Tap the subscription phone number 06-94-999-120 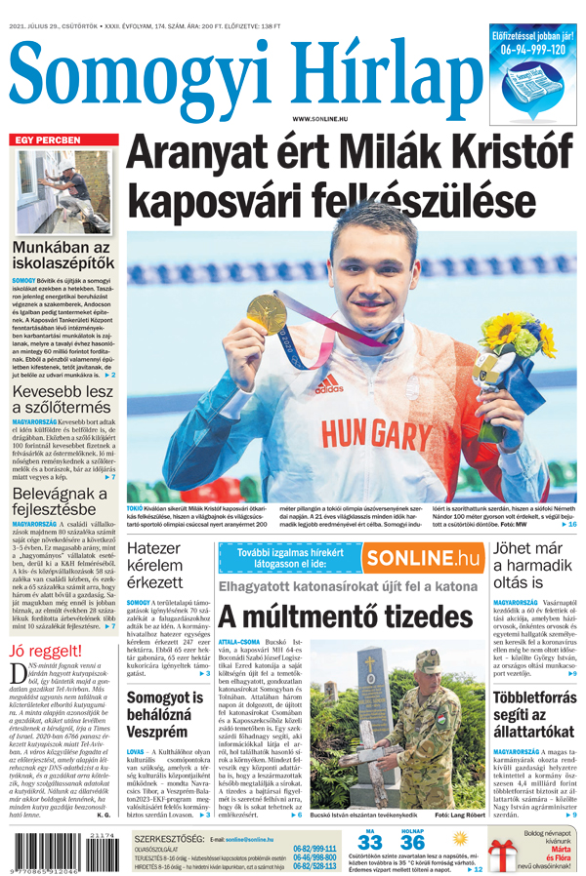click(x=533, y=49)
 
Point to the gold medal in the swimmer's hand click(x=266, y=314)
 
